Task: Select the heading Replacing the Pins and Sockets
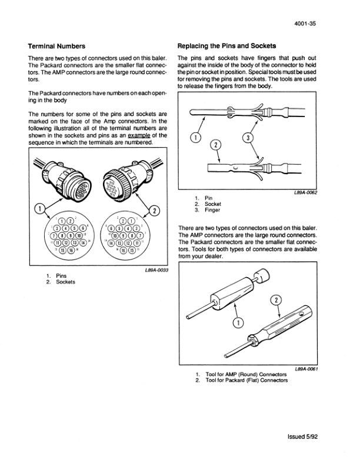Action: pyautogui.click(x=226, y=45)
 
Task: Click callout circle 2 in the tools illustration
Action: pyautogui.click(x=275, y=301)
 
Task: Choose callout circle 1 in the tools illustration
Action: pyautogui.click(x=237, y=322)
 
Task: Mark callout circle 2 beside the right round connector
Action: pyautogui.click(x=156, y=211)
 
